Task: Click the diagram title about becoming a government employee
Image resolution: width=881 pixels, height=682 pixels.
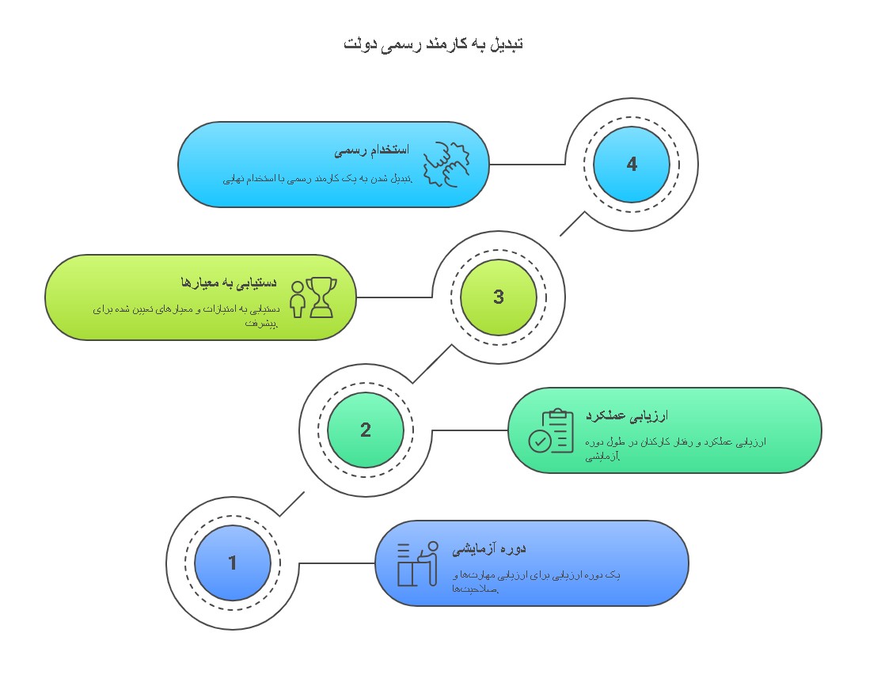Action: point(434,44)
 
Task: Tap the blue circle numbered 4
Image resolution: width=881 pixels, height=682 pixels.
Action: point(632,165)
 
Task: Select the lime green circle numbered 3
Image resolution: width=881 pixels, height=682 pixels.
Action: point(499,297)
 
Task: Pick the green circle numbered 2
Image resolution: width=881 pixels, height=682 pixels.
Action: point(366,430)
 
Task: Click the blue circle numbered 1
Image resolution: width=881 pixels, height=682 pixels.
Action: point(233,563)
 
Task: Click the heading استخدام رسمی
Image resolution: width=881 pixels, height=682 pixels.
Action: point(371,150)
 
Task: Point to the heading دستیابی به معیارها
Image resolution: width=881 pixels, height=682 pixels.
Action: point(229,283)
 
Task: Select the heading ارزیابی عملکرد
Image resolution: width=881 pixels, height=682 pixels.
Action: point(627,416)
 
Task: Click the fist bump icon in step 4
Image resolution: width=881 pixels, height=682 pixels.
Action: point(446,165)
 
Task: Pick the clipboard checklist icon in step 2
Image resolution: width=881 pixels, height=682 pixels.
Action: point(552,431)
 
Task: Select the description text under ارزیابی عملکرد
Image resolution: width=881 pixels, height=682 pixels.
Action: point(675,449)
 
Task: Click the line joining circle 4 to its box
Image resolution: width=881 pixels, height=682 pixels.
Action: point(527,165)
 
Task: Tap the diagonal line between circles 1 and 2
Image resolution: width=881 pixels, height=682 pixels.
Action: point(292,504)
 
